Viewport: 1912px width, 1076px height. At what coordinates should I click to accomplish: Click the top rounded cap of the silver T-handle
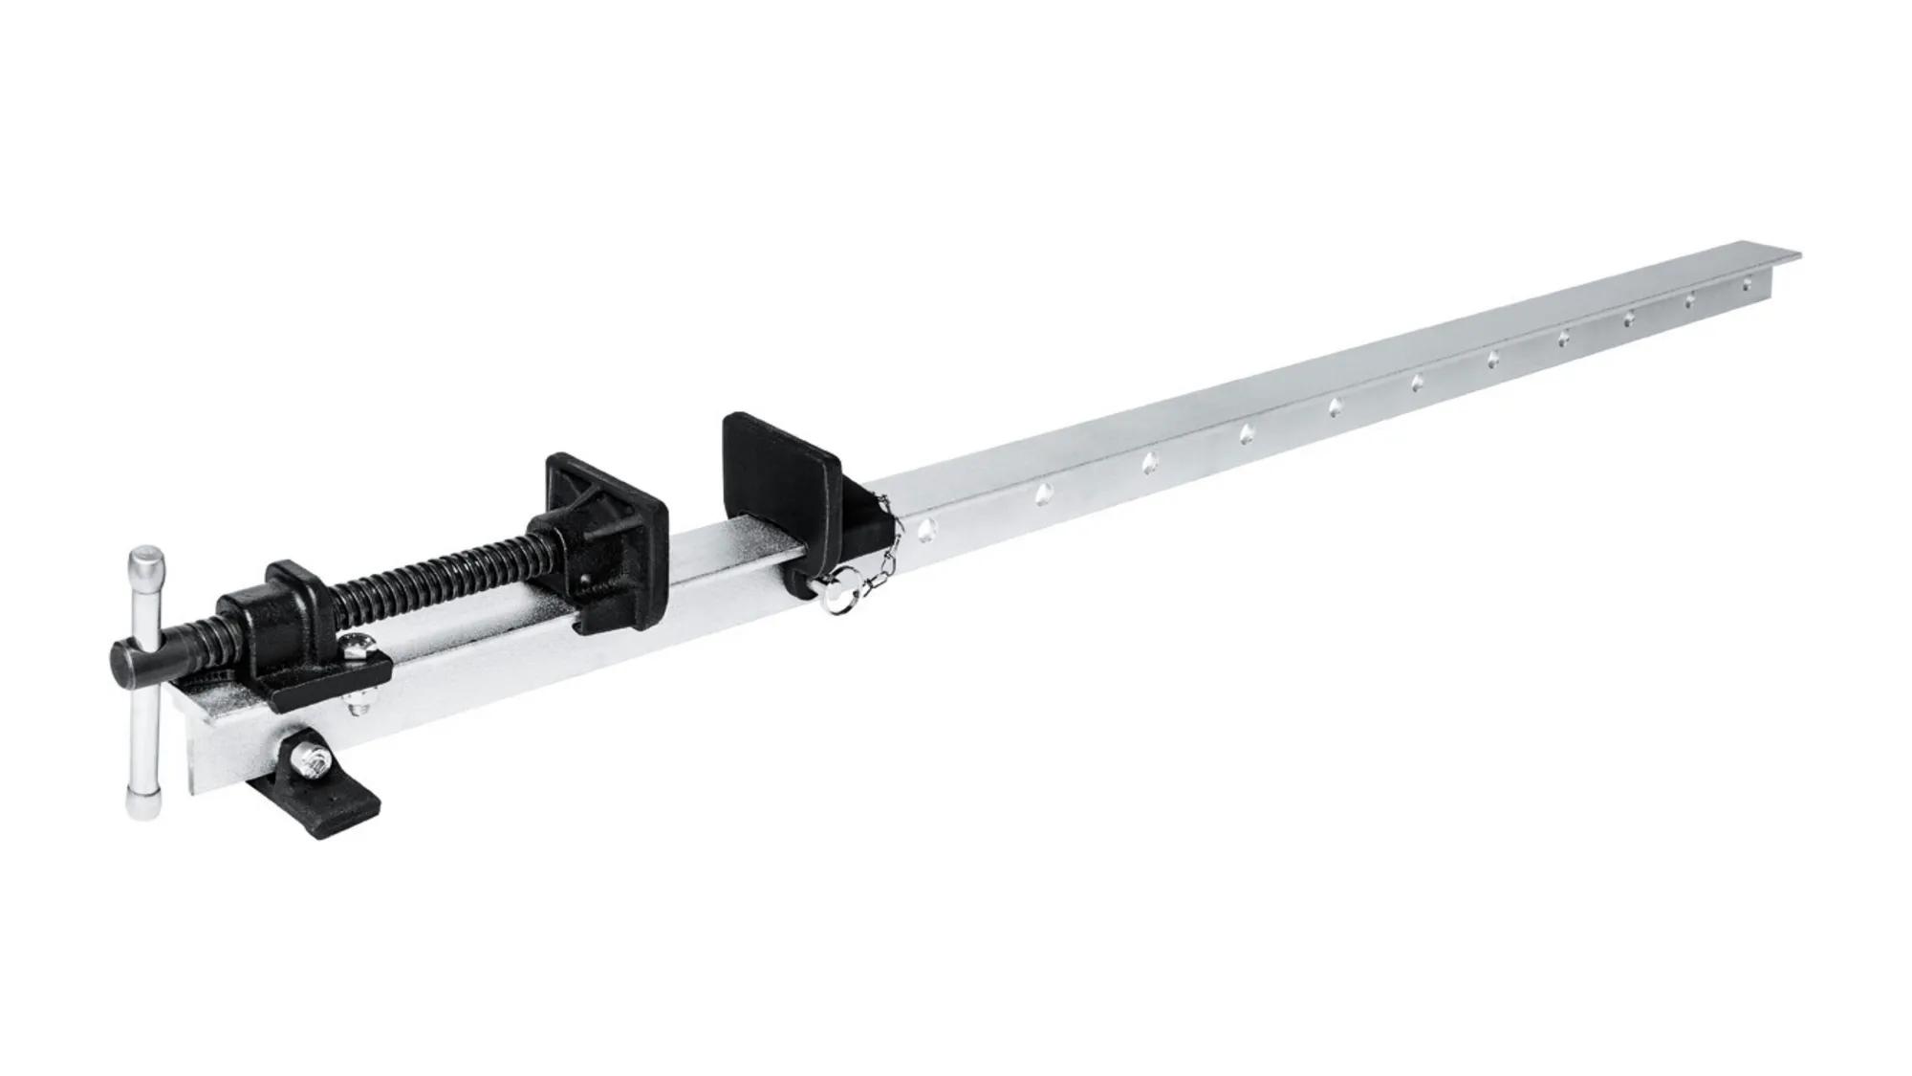point(146,557)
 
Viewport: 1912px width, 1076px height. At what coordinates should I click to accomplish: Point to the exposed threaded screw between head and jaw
point(449,568)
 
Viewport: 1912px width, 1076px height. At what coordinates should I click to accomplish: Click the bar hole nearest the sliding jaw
point(924,528)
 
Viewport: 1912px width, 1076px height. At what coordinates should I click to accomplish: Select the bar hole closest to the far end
point(1746,283)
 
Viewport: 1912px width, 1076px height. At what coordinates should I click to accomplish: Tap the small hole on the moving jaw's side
point(584,581)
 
